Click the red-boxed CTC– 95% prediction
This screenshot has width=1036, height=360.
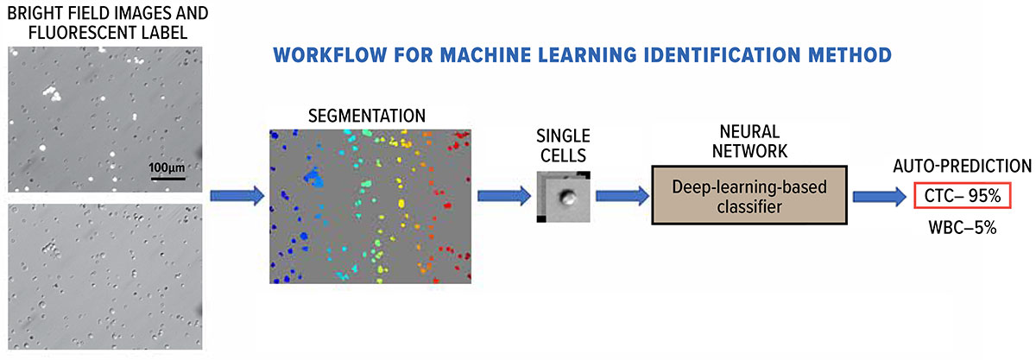click(x=960, y=197)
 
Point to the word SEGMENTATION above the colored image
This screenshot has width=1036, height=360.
click(x=367, y=116)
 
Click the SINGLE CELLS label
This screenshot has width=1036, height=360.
click(x=563, y=146)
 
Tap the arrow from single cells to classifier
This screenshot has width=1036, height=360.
click(x=621, y=196)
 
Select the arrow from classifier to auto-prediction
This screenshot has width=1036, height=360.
click(x=879, y=197)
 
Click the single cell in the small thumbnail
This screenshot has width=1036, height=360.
click(x=568, y=197)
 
